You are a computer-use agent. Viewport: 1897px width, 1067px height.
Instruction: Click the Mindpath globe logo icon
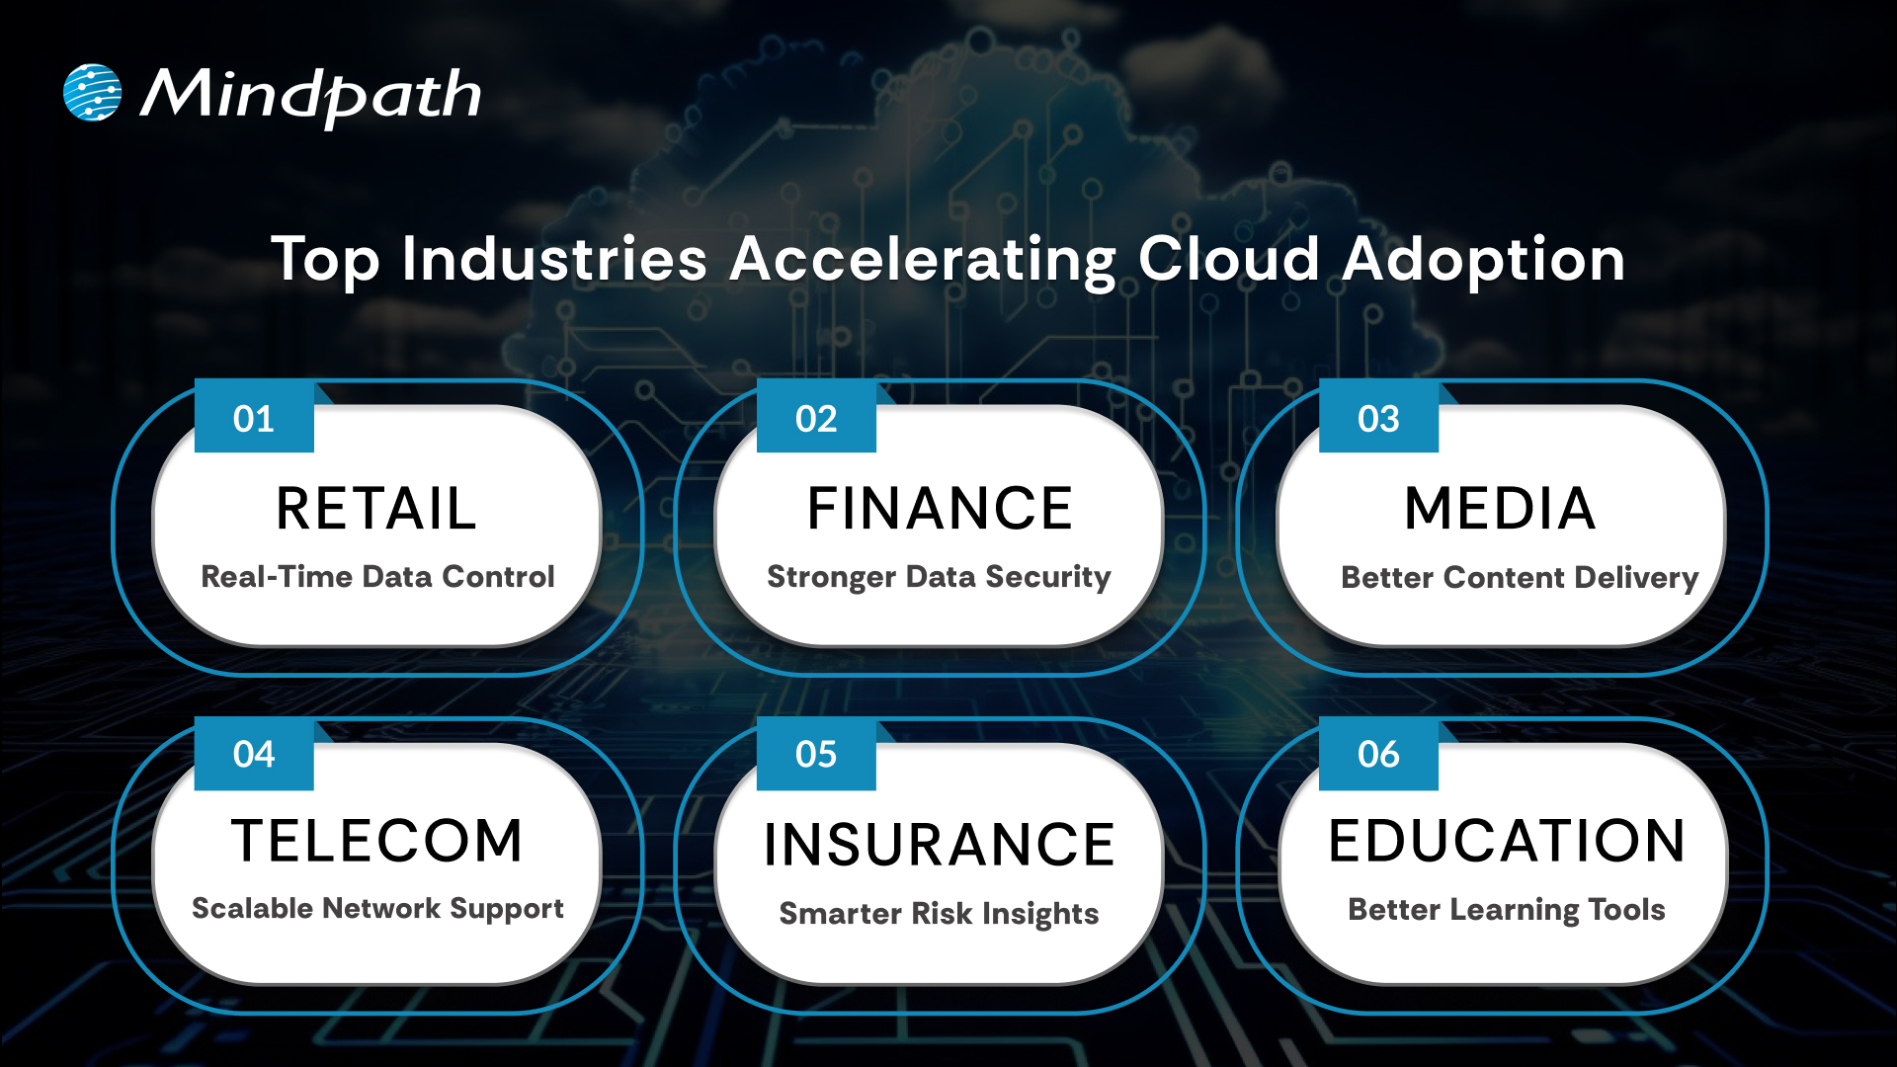tap(92, 93)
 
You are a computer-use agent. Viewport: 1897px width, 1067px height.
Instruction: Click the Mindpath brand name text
tap(310, 96)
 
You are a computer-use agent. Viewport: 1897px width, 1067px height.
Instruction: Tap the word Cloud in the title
tap(1228, 259)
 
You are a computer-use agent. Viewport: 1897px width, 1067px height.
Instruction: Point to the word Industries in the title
tap(554, 259)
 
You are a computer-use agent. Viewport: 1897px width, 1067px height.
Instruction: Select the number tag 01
tap(254, 418)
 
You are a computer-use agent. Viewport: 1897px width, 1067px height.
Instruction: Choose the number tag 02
tap(816, 418)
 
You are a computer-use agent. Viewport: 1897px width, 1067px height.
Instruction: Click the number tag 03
tap(1378, 418)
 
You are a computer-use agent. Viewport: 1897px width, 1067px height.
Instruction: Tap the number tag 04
tap(254, 754)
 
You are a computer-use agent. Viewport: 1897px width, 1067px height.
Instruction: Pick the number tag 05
tap(816, 754)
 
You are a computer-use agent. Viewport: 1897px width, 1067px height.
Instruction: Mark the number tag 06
tap(1378, 754)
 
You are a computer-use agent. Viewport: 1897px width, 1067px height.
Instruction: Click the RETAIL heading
tap(376, 509)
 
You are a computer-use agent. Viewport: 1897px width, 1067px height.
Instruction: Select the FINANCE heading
tap(940, 509)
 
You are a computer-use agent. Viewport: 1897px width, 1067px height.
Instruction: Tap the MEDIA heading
tap(1500, 509)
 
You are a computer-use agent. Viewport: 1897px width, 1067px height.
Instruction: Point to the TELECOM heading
tap(376, 841)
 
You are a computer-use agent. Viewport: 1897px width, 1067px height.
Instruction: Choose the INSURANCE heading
tap(940, 845)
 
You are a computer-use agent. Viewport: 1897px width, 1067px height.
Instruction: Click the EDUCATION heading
tap(1507, 841)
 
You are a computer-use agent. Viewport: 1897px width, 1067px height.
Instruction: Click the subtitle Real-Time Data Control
tap(377, 576)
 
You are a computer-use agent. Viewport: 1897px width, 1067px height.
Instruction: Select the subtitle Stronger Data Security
tap(939, 576)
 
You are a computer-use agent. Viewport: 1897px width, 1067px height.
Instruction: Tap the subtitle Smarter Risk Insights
tap(939, 913)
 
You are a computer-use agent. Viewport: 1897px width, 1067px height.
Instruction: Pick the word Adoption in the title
tap(1484, 259)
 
